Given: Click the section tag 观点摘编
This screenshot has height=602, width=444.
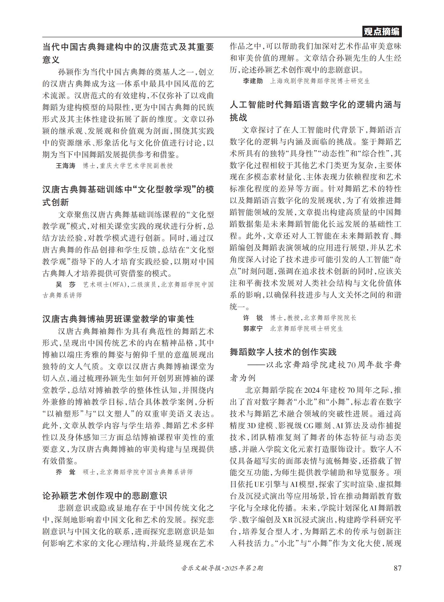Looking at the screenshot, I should [381, 32].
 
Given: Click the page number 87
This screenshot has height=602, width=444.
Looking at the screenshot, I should [397, 568].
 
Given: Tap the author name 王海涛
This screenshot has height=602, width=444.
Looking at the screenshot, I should [65, 166].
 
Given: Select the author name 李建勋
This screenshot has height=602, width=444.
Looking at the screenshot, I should [253, 81].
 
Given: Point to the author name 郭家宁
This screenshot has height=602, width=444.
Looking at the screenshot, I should [253, 329].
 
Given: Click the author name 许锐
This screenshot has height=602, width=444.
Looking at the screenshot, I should [253, 318].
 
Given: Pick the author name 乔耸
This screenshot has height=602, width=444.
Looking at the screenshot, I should [65, 472].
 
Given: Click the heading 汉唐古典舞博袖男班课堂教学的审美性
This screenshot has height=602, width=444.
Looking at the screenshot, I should [118, 319].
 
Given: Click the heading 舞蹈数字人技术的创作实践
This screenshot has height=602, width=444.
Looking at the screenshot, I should [283, 352].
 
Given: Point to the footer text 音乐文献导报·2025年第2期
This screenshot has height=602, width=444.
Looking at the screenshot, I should [222, 568].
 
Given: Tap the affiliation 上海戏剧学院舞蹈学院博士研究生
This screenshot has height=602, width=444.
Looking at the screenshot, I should [320, 81].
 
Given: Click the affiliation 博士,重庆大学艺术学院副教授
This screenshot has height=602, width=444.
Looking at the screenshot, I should [128, 166].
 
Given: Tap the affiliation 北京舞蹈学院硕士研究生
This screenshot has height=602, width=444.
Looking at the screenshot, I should [306, 329].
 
